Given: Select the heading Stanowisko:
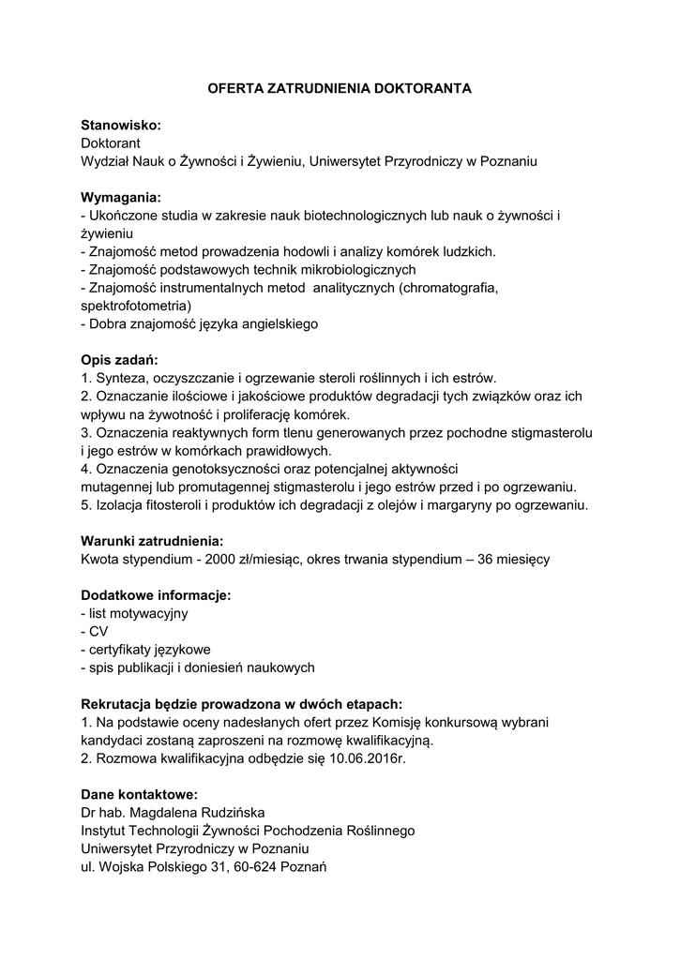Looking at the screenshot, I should tap(121, 125).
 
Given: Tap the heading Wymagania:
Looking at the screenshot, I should tap(121, 198).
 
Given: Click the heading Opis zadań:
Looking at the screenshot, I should tap(120, 360).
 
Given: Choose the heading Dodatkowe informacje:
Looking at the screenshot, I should tap(156, 595).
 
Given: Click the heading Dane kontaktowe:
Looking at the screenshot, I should tap(140, 794).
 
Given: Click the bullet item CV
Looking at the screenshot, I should tap(98, 632).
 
